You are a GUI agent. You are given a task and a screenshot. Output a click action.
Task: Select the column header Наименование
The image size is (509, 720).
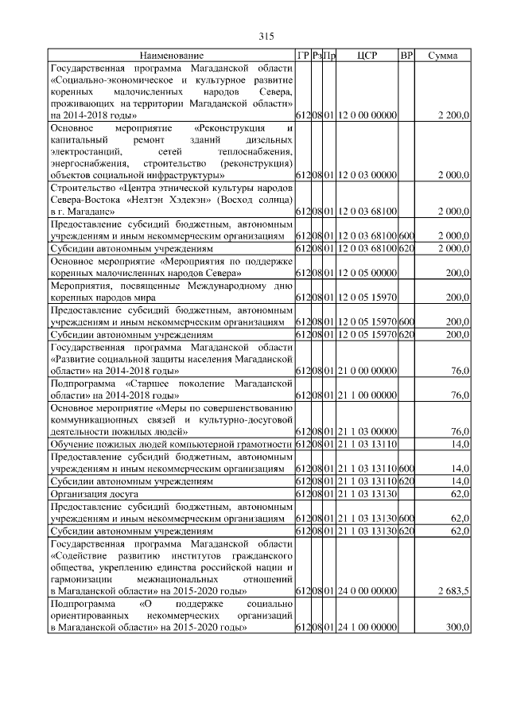(x=171, y=56)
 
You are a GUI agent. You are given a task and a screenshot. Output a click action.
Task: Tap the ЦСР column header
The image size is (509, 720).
(x=367, y=56)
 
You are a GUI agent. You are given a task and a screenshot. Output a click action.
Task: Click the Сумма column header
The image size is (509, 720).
(x=442, y=56)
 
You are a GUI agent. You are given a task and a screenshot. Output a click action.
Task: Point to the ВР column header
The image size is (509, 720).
(x=406, y=56)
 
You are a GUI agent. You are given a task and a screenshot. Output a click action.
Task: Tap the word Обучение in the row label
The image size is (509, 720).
(x=72, y=443)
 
